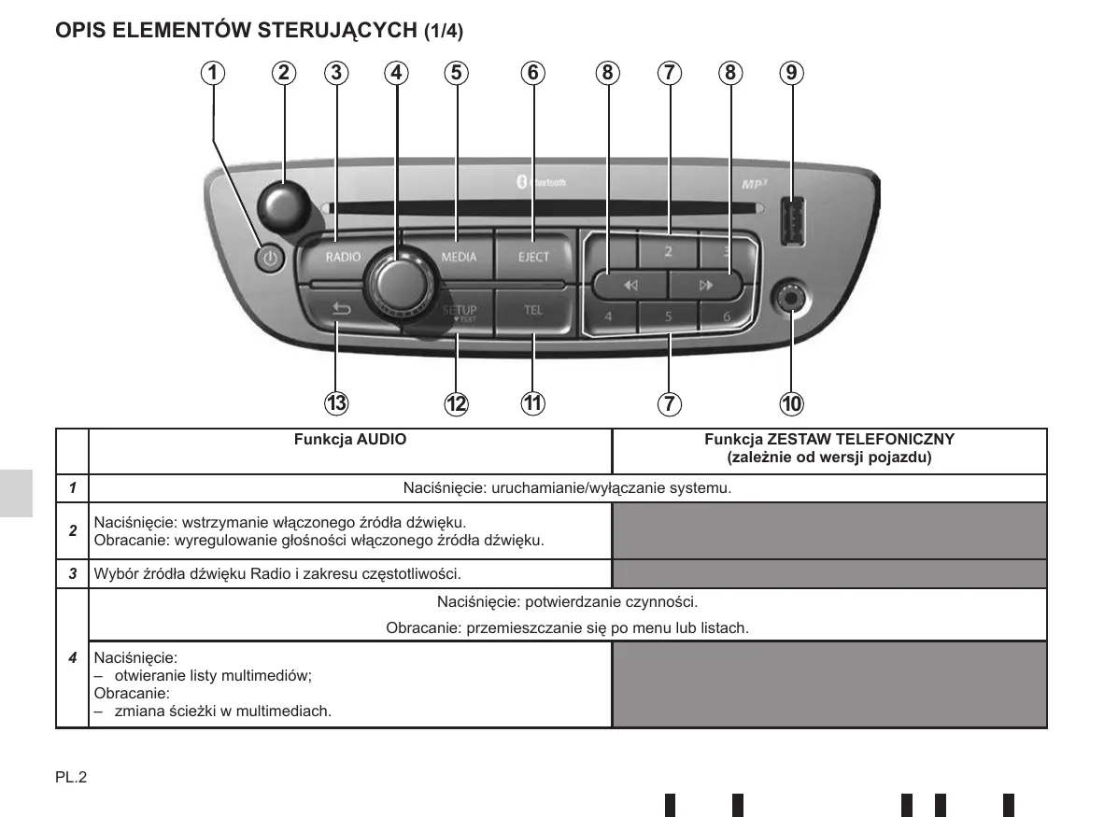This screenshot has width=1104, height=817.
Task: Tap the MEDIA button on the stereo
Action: click(459, 257)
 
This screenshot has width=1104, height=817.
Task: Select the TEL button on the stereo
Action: click(533, 310)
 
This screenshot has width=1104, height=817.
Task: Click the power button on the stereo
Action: click(270, 259)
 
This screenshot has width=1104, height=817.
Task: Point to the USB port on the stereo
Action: click(793, 221)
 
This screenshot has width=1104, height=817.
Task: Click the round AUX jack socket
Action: click(791, 299)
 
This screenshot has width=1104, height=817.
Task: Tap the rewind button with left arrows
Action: click(630, 285)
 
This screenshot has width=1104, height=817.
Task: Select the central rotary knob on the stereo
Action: click(399, 283)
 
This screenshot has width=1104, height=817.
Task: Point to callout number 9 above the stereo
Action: click(791, 73)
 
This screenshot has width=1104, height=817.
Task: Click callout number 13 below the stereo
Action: click(336, 403)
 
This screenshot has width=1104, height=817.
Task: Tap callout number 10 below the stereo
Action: click(791, 404)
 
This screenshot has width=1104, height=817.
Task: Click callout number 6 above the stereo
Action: click(533, 73)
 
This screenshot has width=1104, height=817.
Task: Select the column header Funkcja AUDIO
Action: click(350, 439)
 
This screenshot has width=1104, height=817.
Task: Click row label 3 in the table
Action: click(73, 573)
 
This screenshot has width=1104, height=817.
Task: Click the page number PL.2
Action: click(71, 777)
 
